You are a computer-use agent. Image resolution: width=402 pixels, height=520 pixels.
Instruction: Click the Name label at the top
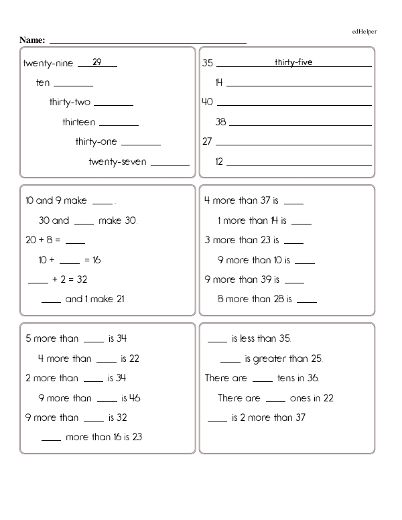point(32,40)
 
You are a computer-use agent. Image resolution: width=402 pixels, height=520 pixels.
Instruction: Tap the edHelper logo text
point(364,31)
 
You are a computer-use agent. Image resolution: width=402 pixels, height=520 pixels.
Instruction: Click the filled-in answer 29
point(97,62)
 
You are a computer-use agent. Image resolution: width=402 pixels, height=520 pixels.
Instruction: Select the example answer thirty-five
point(293,62)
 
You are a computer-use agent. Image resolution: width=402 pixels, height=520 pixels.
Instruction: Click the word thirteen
point(78,123)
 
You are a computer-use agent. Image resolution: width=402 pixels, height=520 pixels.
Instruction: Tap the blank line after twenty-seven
point(170,163)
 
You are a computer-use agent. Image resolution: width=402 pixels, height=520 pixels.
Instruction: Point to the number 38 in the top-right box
point(220,123)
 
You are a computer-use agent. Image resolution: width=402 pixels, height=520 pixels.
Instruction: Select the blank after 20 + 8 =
point(76,242)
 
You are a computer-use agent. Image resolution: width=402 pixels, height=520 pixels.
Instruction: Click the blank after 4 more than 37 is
point(294,202)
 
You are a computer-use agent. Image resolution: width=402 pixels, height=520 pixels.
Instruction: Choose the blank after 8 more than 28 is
point(306,301)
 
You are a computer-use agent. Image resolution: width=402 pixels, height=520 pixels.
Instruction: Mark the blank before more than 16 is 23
point(52,438)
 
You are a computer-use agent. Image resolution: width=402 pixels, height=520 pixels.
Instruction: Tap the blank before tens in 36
point(263,380)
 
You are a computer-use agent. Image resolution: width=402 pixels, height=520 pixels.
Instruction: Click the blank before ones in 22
point(275,399)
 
